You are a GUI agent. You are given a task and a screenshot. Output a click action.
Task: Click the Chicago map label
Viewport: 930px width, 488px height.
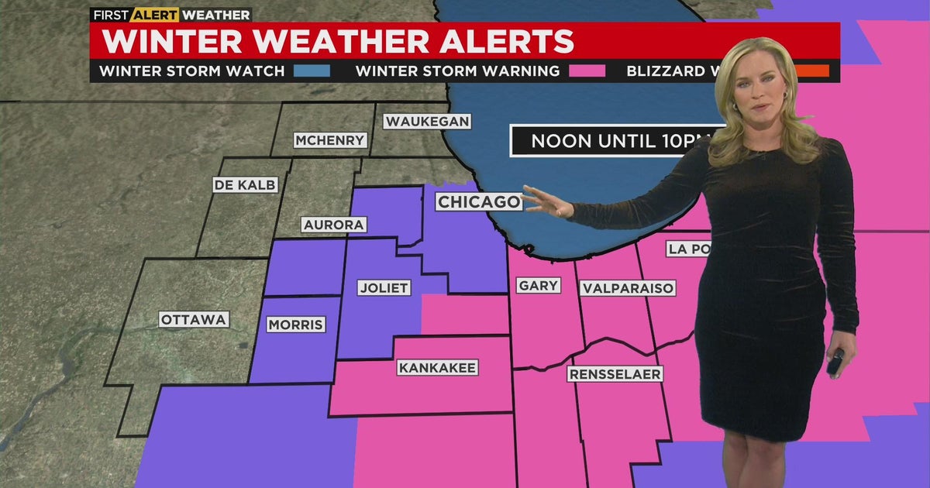coord(478,202)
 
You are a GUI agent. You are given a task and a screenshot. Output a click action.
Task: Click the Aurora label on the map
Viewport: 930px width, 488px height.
coord(333,225)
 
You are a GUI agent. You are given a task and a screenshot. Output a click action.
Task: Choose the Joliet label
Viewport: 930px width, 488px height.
coord(384,287)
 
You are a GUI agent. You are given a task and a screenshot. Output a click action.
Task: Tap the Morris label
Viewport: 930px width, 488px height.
coord(295,325)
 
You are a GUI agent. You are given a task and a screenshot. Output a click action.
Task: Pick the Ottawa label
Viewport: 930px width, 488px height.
coord(194,319)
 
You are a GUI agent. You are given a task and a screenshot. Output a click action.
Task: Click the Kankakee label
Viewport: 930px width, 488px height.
coord(437,367)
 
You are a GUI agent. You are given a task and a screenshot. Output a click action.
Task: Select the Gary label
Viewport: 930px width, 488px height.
coord(538,286)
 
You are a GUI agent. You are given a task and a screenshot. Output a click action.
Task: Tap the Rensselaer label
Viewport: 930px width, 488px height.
coord(615,374)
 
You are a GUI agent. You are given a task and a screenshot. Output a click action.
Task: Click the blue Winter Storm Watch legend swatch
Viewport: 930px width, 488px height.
coord(312,71)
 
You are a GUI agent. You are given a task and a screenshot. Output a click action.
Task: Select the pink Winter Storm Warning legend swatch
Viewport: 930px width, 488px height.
coord(587,71)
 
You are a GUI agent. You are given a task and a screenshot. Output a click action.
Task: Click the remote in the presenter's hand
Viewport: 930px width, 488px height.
coord(835,362)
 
